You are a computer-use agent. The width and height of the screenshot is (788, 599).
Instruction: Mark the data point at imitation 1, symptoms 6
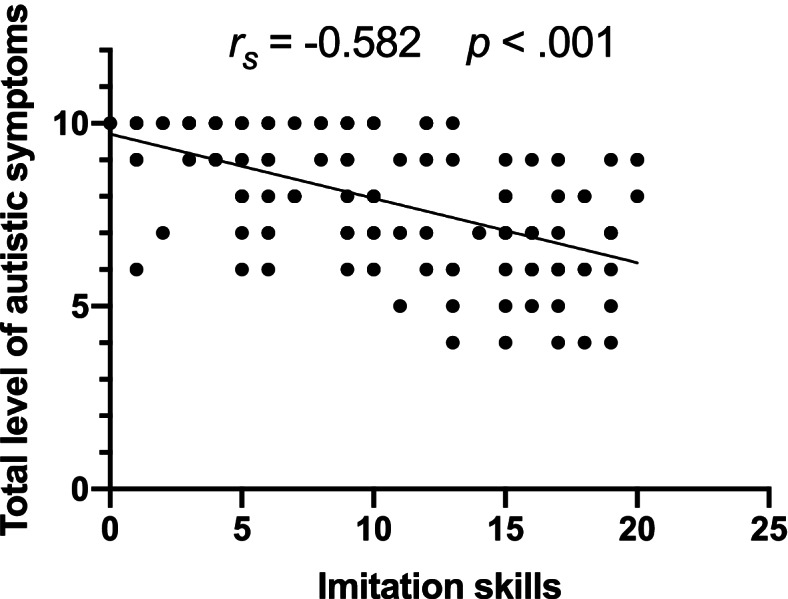(136, 269)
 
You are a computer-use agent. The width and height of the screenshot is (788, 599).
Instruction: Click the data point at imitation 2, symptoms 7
(163, 233)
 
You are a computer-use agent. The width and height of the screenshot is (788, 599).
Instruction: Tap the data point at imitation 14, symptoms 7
(479, 233)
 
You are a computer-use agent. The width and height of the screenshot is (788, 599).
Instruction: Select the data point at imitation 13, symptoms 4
(452, 342)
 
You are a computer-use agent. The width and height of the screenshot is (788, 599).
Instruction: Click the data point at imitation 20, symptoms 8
(637, 196)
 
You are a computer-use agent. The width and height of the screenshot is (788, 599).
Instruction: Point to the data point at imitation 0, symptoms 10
(110, 123)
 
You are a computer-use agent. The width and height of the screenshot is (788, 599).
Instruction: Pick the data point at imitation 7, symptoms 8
(294, 196)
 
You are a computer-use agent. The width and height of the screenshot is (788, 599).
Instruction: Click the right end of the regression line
(637, 263)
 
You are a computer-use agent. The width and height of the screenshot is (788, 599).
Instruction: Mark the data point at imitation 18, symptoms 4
(584, 342)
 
